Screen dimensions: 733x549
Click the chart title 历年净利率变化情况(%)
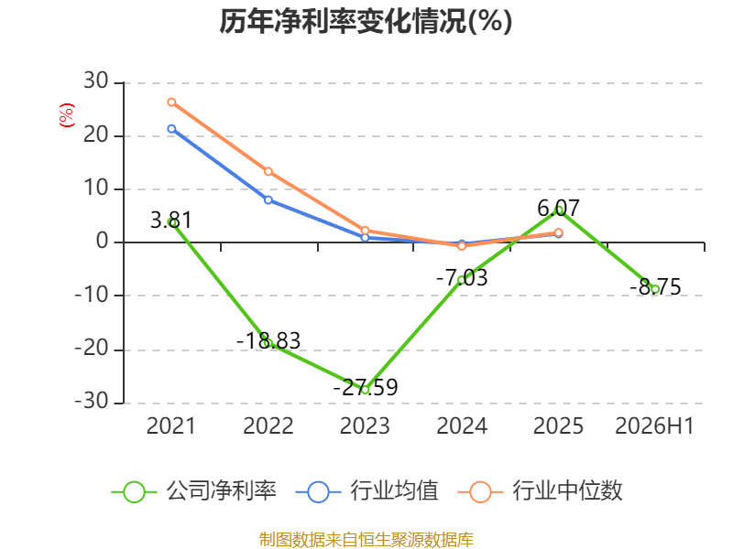[x=366, y=21]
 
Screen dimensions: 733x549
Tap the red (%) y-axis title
[x=66, y=115]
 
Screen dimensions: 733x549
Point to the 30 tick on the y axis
[x=96, y=81]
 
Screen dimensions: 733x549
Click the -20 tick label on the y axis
[x=92, y=349]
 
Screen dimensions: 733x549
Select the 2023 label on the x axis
[x=365, y=426]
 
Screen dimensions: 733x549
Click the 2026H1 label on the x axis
[x=654, y=426]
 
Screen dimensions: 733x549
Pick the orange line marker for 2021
[x=171, y=102]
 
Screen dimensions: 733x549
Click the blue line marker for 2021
[x=171, y=129]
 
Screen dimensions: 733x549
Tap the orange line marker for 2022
[x=268, y=171]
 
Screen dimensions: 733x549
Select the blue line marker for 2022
[x=268, y=199]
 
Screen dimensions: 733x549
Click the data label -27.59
[x=366, y=387]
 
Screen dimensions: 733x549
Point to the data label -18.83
[x=268, y=340]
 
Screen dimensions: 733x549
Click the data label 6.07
[x=558, y=209]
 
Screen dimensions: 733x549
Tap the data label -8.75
[x=655, y=287]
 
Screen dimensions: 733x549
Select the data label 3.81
[x=171, y=221]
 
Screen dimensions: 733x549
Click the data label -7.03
[x=462, y=278]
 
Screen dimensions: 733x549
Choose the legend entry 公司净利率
[x=194, y=491]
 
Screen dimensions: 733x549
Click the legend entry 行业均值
[x=367, y=491]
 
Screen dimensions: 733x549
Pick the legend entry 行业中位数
[x=541, y=491]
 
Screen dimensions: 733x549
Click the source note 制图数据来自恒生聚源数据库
[x=366, y=540]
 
